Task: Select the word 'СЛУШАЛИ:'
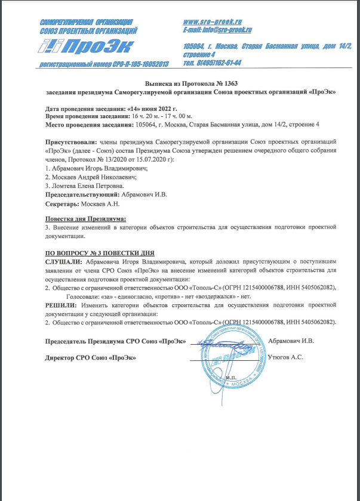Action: pos(64,261)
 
